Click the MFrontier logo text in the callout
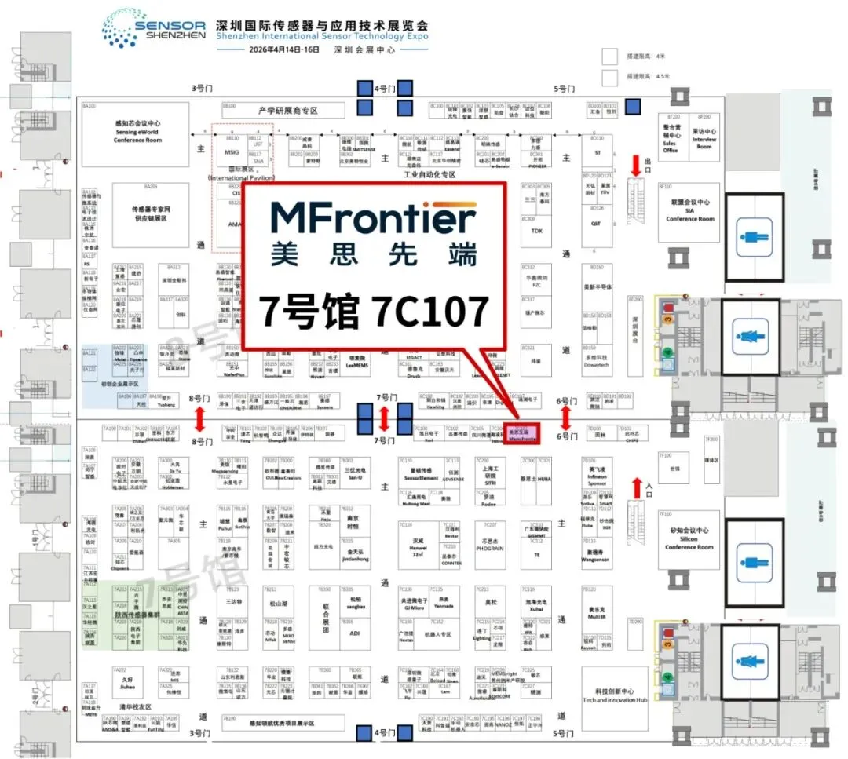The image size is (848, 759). [373, 217]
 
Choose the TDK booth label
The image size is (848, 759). [536, 231]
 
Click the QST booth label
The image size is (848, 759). [596, 223]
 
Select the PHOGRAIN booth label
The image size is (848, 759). [490, 549]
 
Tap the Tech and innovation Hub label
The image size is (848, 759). [614, 695]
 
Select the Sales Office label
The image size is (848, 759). [670, 145]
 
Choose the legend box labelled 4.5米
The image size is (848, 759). [610, 77]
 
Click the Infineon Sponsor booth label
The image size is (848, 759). [598, 476]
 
